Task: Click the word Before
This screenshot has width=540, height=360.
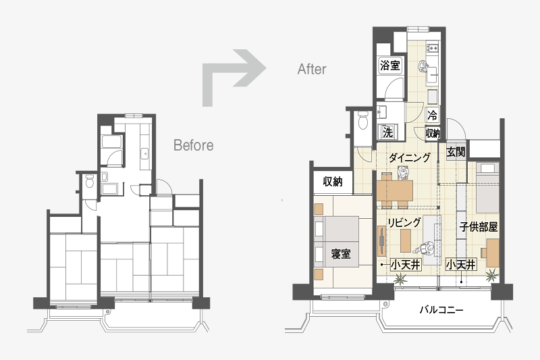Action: pos(193,145)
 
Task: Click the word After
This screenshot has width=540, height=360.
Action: pos(312,69)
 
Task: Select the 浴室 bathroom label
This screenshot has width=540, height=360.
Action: pos(390,65)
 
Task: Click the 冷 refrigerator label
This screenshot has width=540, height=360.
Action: pos(433,114)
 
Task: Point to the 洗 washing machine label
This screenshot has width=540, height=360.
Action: pos(387,132)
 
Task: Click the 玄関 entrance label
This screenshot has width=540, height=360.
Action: pos(456,151)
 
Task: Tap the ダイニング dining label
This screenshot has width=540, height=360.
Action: pos(410,157)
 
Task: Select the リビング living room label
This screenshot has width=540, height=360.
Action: pos(404,222)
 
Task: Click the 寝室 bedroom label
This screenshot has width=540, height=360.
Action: pos(341,254)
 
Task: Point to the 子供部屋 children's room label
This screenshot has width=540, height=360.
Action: pos(479,227)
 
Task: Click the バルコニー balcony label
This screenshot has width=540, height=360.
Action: pos(441,310)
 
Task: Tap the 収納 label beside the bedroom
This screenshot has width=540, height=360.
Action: pos(333,182)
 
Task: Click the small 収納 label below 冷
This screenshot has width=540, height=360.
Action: pos(433,132)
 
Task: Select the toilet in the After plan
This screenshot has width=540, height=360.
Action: pos(363,120)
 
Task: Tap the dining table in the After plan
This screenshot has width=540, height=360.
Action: pos(395,190)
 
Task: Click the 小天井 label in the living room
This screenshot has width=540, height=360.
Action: pos(406,265)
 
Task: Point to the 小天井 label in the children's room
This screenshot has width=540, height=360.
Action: pos(461,265)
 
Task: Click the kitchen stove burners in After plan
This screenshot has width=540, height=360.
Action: pos(433,48)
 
